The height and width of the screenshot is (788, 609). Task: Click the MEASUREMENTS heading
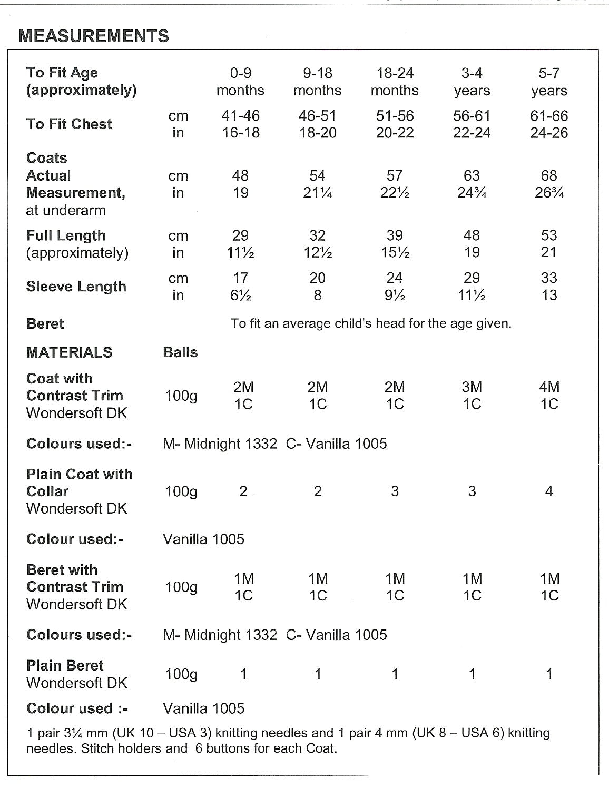pyautogui.click(x=94, y=36)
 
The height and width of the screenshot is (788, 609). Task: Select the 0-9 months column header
pyautogui.click(x=240, y=82)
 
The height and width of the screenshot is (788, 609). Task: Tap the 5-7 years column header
pyautogui.click(x=549, y=82)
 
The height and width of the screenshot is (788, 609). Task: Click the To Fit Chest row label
pyautogui.click(x=69, y=124)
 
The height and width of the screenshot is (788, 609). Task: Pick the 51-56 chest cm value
pyautogui.click(x=395, y=116)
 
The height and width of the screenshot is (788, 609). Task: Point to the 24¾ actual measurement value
pyautogui.click(x=472, y=193)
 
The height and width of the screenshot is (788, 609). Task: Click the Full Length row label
pyautogui.click(x=66, y=235)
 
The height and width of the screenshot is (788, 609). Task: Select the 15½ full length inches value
pyautogui.click(x=395, y=253)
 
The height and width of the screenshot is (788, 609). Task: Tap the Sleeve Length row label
pyautogui.click(x=76, y=287)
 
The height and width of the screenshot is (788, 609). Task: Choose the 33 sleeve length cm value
pyautogui.click(x=549, y=278)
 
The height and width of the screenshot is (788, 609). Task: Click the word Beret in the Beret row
pyautogui.click(x=45, y=323)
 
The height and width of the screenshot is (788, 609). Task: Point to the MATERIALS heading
pyautogui.click(x=69, y=352)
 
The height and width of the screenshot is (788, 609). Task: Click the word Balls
pyautogui.click(x=180, y=352)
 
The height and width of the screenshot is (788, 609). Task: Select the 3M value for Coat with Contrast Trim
pyautogui.click(x=472, y=387)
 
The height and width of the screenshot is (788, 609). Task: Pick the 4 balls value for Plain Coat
pyautogui.click(x=549, y=491)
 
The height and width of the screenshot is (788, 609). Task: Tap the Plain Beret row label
pyautogui.click(x=65, y=665)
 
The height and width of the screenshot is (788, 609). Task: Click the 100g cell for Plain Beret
pyautogui.click(x=181, y=674)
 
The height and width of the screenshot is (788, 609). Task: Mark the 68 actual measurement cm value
pyautogui.click(x=549, y=175)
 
